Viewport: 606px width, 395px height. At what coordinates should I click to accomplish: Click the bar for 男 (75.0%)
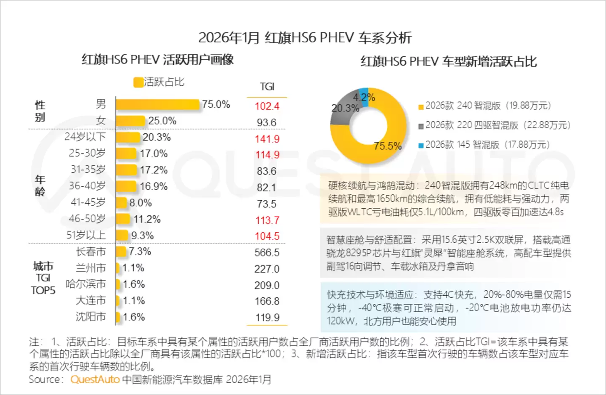[157, 104]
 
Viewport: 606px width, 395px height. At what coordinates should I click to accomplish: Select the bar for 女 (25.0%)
[130, 121]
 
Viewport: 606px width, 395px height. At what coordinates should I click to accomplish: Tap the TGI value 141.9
[267, 139]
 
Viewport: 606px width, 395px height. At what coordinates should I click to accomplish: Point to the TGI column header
[267, 87]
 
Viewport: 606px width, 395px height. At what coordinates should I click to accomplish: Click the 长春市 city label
[90, 252]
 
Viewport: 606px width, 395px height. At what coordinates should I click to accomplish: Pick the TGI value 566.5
[267, 252]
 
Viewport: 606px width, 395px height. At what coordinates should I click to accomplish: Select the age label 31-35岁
[88, 170]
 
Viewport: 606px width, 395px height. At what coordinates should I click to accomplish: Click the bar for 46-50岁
[123, 219]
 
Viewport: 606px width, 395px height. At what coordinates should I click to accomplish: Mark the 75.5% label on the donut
[388, 146]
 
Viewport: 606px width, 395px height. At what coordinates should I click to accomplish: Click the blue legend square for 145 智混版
[421, 146]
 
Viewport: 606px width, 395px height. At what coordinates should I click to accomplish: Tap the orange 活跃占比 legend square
[138, 82]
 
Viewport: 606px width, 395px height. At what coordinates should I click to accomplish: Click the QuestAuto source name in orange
[95, 379]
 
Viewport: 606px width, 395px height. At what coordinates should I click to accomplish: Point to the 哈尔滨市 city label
[86, 284]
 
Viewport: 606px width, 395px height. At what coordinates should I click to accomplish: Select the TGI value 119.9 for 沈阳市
[267, 318]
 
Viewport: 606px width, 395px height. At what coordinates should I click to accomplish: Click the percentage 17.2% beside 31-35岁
[154, 170]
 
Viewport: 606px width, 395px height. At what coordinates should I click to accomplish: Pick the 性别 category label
[40, 111]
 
